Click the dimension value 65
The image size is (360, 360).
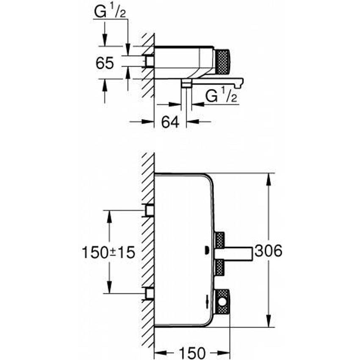[105, 64]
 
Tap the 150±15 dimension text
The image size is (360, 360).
[108, 253]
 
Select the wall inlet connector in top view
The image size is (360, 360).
[148, 61]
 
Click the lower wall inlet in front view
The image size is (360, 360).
[149, 293]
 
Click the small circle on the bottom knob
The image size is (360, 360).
[222, 303]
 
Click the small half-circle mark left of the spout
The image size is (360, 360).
[206, 250]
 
